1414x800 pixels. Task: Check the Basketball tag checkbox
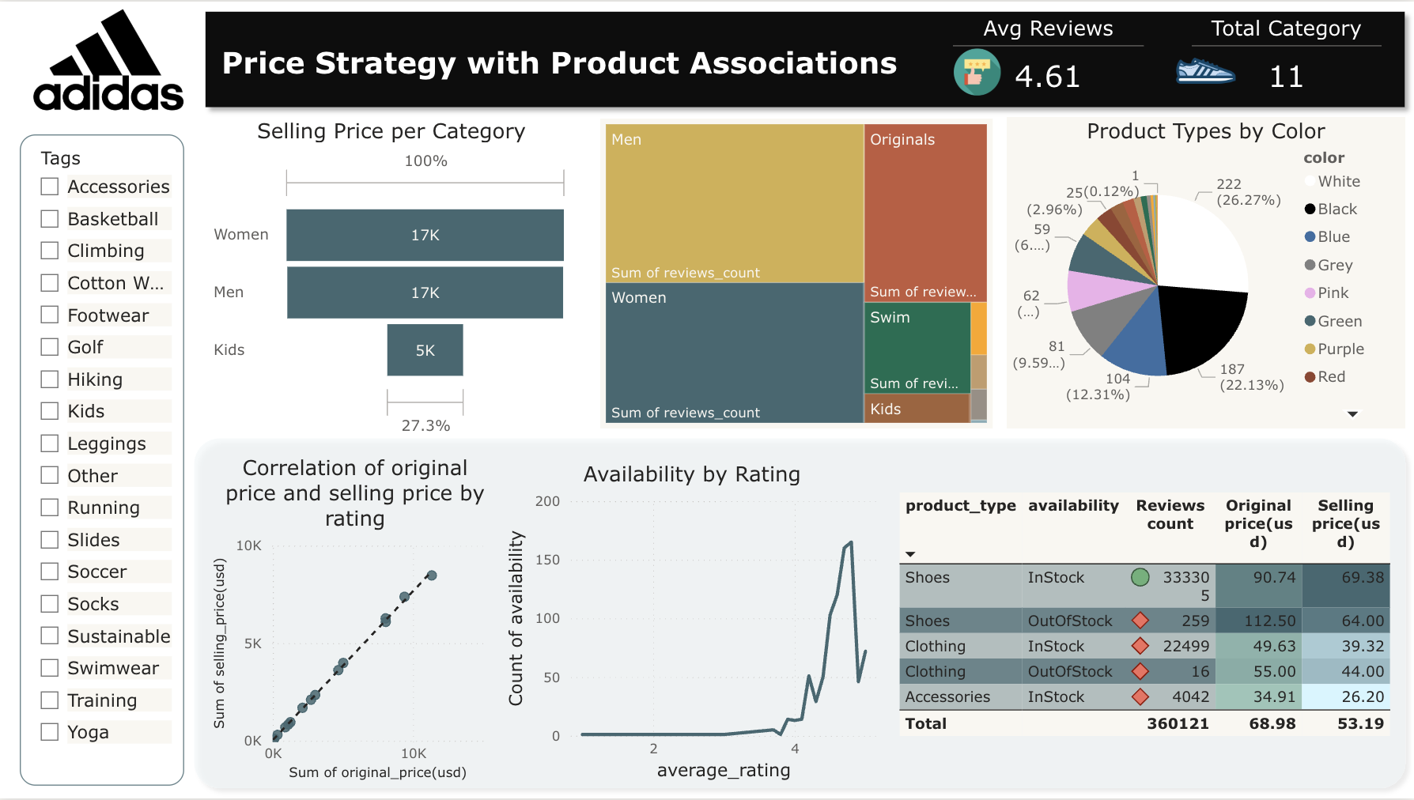[50, 219]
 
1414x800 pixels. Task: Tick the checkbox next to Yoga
[50, 732]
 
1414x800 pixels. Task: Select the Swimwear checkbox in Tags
[50, 668]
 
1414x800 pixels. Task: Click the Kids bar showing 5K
[425, 350]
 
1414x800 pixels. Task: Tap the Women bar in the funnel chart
[425, 235]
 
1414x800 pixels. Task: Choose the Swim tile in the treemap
[917, 348]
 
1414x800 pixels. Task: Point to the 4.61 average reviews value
[1047, 77]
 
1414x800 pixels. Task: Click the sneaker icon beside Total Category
[1205, 72]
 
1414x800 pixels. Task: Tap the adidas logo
[108, 62]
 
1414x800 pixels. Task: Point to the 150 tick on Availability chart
[547, 560]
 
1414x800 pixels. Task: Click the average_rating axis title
[723, 770]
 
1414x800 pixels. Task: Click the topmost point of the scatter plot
[432, 575]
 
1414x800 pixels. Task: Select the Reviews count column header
[1170, 515]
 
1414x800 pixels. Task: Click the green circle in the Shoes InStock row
[1140, 578]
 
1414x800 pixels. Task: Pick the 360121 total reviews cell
[1178, 723]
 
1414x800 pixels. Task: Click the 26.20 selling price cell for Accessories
[1362, 696]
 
